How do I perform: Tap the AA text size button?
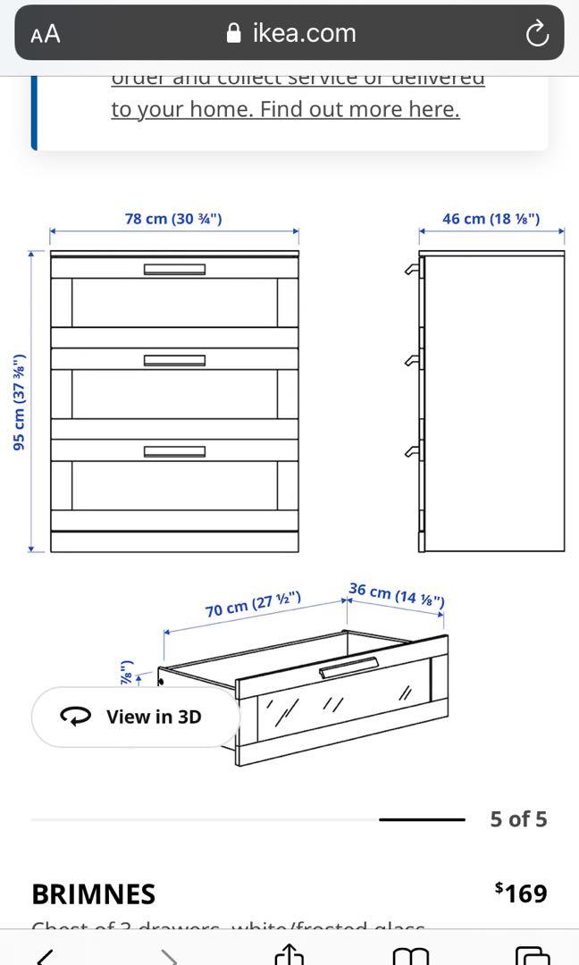pos(45,34)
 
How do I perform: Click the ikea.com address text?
pos(304,33)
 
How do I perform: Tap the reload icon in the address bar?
pos(536,34)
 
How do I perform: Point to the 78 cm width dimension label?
pos(173,218)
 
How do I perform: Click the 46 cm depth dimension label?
pos(491,218)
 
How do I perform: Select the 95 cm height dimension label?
pos(19,402)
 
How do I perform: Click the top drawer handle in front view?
pos(174,269)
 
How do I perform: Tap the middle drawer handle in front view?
pos(174,360)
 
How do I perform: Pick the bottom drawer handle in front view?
pos(174,451)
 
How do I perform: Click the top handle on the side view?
pos(412,269)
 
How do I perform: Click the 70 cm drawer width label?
pos(253,604)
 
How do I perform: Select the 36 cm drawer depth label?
pos(397,595)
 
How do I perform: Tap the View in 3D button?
pos(136,717)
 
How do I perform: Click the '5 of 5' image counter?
pos(518,819)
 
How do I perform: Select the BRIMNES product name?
pos(93,894)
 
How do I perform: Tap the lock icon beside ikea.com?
pos(234,34)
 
